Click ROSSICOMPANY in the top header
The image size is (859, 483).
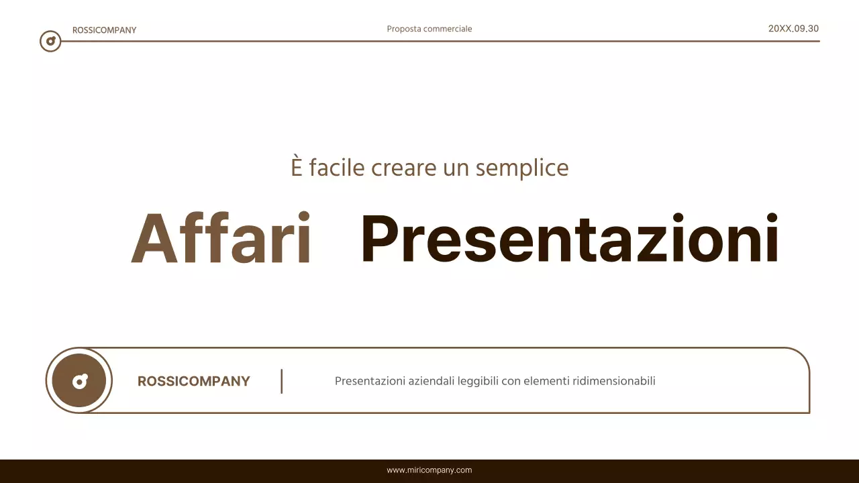click(x=104, y=30)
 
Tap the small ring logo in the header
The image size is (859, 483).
click(x=50, y=41)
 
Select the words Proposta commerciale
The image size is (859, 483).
click(x=429, y=29)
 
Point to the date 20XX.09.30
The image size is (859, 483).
click(x=793, y=28)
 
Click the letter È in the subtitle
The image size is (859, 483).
click(x=297, y=167)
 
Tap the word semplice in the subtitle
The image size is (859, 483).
click(x=522, y=168)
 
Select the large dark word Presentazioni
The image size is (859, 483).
click(x=569, y=239)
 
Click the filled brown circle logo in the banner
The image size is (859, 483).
click(x=79, y=380)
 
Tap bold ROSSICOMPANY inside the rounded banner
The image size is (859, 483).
click(x=193, y=381)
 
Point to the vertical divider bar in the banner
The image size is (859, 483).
click(x=282, y=381)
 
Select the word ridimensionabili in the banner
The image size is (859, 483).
click(x=614, y=381)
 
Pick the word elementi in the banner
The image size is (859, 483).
click(x=546, y=381)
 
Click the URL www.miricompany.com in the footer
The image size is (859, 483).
click(x=429, y=470)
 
